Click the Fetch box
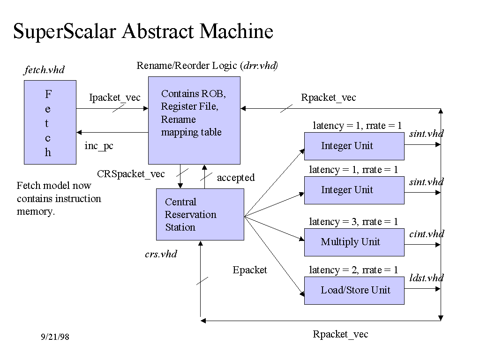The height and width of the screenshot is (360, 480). (50, 122)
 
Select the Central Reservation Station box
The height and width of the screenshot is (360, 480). (200, 214)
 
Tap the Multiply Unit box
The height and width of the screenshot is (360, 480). (354, 242)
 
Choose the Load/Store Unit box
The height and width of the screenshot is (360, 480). (354, 290)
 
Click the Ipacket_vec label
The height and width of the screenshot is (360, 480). (115, 97)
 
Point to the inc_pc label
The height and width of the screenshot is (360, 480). (99, 146)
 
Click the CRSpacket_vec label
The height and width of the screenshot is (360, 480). (131, 174)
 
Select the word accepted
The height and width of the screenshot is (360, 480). (235, 178)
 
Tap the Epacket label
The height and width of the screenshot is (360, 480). (250, 270)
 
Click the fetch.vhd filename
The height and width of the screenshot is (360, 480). (44, 70)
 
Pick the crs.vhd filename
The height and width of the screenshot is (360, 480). (161, 254)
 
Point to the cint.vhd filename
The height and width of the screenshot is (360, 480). (426, 234)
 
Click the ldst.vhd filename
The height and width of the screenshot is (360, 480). (426, 278)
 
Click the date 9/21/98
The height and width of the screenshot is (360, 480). (55, 337)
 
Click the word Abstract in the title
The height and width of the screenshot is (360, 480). (158, 31)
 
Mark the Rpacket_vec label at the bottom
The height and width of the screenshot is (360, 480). (340, 334)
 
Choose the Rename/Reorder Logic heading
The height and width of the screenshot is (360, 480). (207, 66)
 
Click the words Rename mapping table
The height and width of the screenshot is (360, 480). (191, 126)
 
